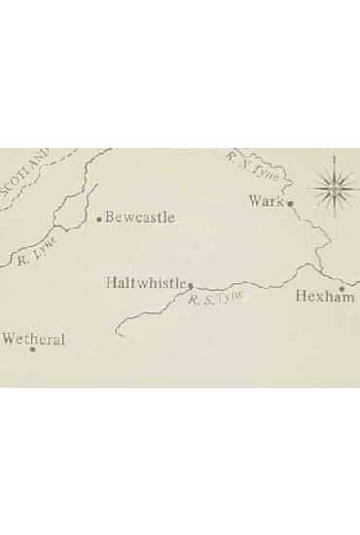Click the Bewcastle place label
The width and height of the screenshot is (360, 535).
(x=140, y=217)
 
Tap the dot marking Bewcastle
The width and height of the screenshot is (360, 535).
(x=99, y=219)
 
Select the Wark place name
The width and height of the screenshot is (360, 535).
(x=265, y=201)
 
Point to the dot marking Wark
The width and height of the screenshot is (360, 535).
(x=289, y=203)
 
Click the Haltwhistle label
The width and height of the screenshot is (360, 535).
(x=146, y=283)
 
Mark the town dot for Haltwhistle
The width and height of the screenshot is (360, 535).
(x=190, y=286)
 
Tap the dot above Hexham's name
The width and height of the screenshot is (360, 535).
(x=342, y=288)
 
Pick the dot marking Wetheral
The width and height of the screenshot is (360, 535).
(x=33, y=351)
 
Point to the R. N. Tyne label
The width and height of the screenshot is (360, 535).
(x=253, y=168)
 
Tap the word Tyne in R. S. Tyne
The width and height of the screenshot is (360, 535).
(x=229, y=296)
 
